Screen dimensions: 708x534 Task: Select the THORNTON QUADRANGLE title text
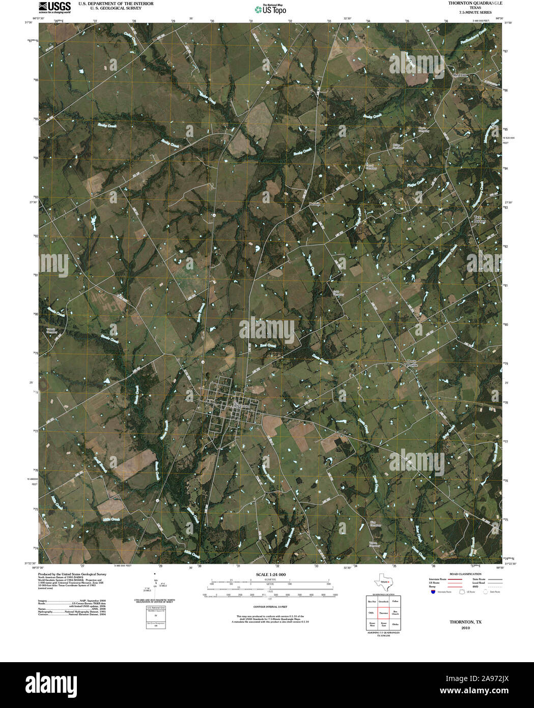468,3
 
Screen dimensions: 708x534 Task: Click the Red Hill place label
460,75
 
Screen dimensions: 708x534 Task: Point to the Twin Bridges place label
480,219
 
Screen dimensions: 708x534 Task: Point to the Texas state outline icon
383,582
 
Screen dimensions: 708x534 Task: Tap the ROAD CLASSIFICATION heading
462,574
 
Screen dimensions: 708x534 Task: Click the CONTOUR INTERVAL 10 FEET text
270,607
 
